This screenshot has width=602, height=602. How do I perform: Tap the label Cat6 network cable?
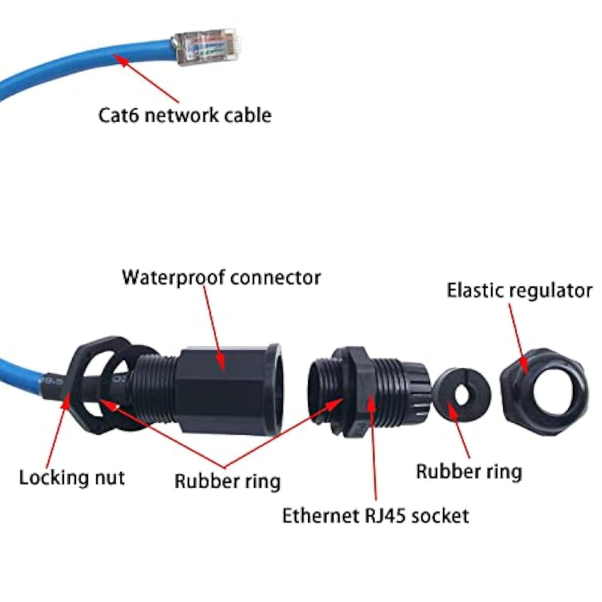point(185,114)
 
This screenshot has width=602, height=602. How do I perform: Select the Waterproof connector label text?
point(221,278)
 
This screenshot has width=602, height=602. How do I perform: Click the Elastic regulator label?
point(519,290)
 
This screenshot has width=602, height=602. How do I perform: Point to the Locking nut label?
point(72,478)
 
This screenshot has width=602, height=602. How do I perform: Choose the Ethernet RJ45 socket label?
point(376,515)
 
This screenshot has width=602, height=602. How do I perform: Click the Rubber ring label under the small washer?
point(469,471)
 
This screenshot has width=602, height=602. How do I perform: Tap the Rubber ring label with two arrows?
point(228,481)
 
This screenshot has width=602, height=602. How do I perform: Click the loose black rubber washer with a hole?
point(462,395)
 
